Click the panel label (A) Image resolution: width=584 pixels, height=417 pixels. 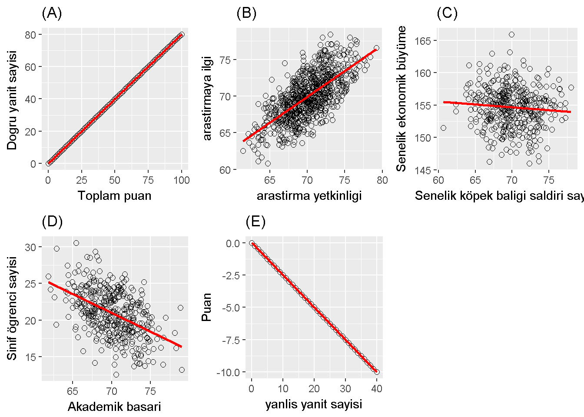click(52, 13)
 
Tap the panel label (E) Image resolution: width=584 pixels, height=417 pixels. click(255, 222)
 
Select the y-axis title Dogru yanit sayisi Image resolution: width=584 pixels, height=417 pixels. click(12, 100)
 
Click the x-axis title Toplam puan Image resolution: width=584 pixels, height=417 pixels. click(115, 196)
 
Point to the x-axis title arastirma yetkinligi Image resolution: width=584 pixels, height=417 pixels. click(309, 196)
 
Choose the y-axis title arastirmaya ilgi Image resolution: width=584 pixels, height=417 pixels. click(207, 98)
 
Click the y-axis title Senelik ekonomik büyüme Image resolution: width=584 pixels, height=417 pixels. click(401, 99)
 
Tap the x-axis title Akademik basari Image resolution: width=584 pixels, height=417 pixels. click(114, 407)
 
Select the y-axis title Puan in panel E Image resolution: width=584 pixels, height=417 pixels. click(207, 307)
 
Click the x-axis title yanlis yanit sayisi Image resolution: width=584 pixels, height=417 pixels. click(313, 404)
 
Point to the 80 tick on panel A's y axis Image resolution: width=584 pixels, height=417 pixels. click(30, 34)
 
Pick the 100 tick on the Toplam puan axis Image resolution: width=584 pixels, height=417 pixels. click(182, 180)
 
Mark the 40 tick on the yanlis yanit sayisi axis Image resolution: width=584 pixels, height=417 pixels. click(377, 388)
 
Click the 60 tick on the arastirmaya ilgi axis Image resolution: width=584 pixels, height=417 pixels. click(225, 170)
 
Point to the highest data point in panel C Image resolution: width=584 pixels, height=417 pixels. click(511, 35)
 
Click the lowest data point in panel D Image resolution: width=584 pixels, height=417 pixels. click(116, 374)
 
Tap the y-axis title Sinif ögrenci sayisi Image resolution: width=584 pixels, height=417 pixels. click(12, 308)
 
